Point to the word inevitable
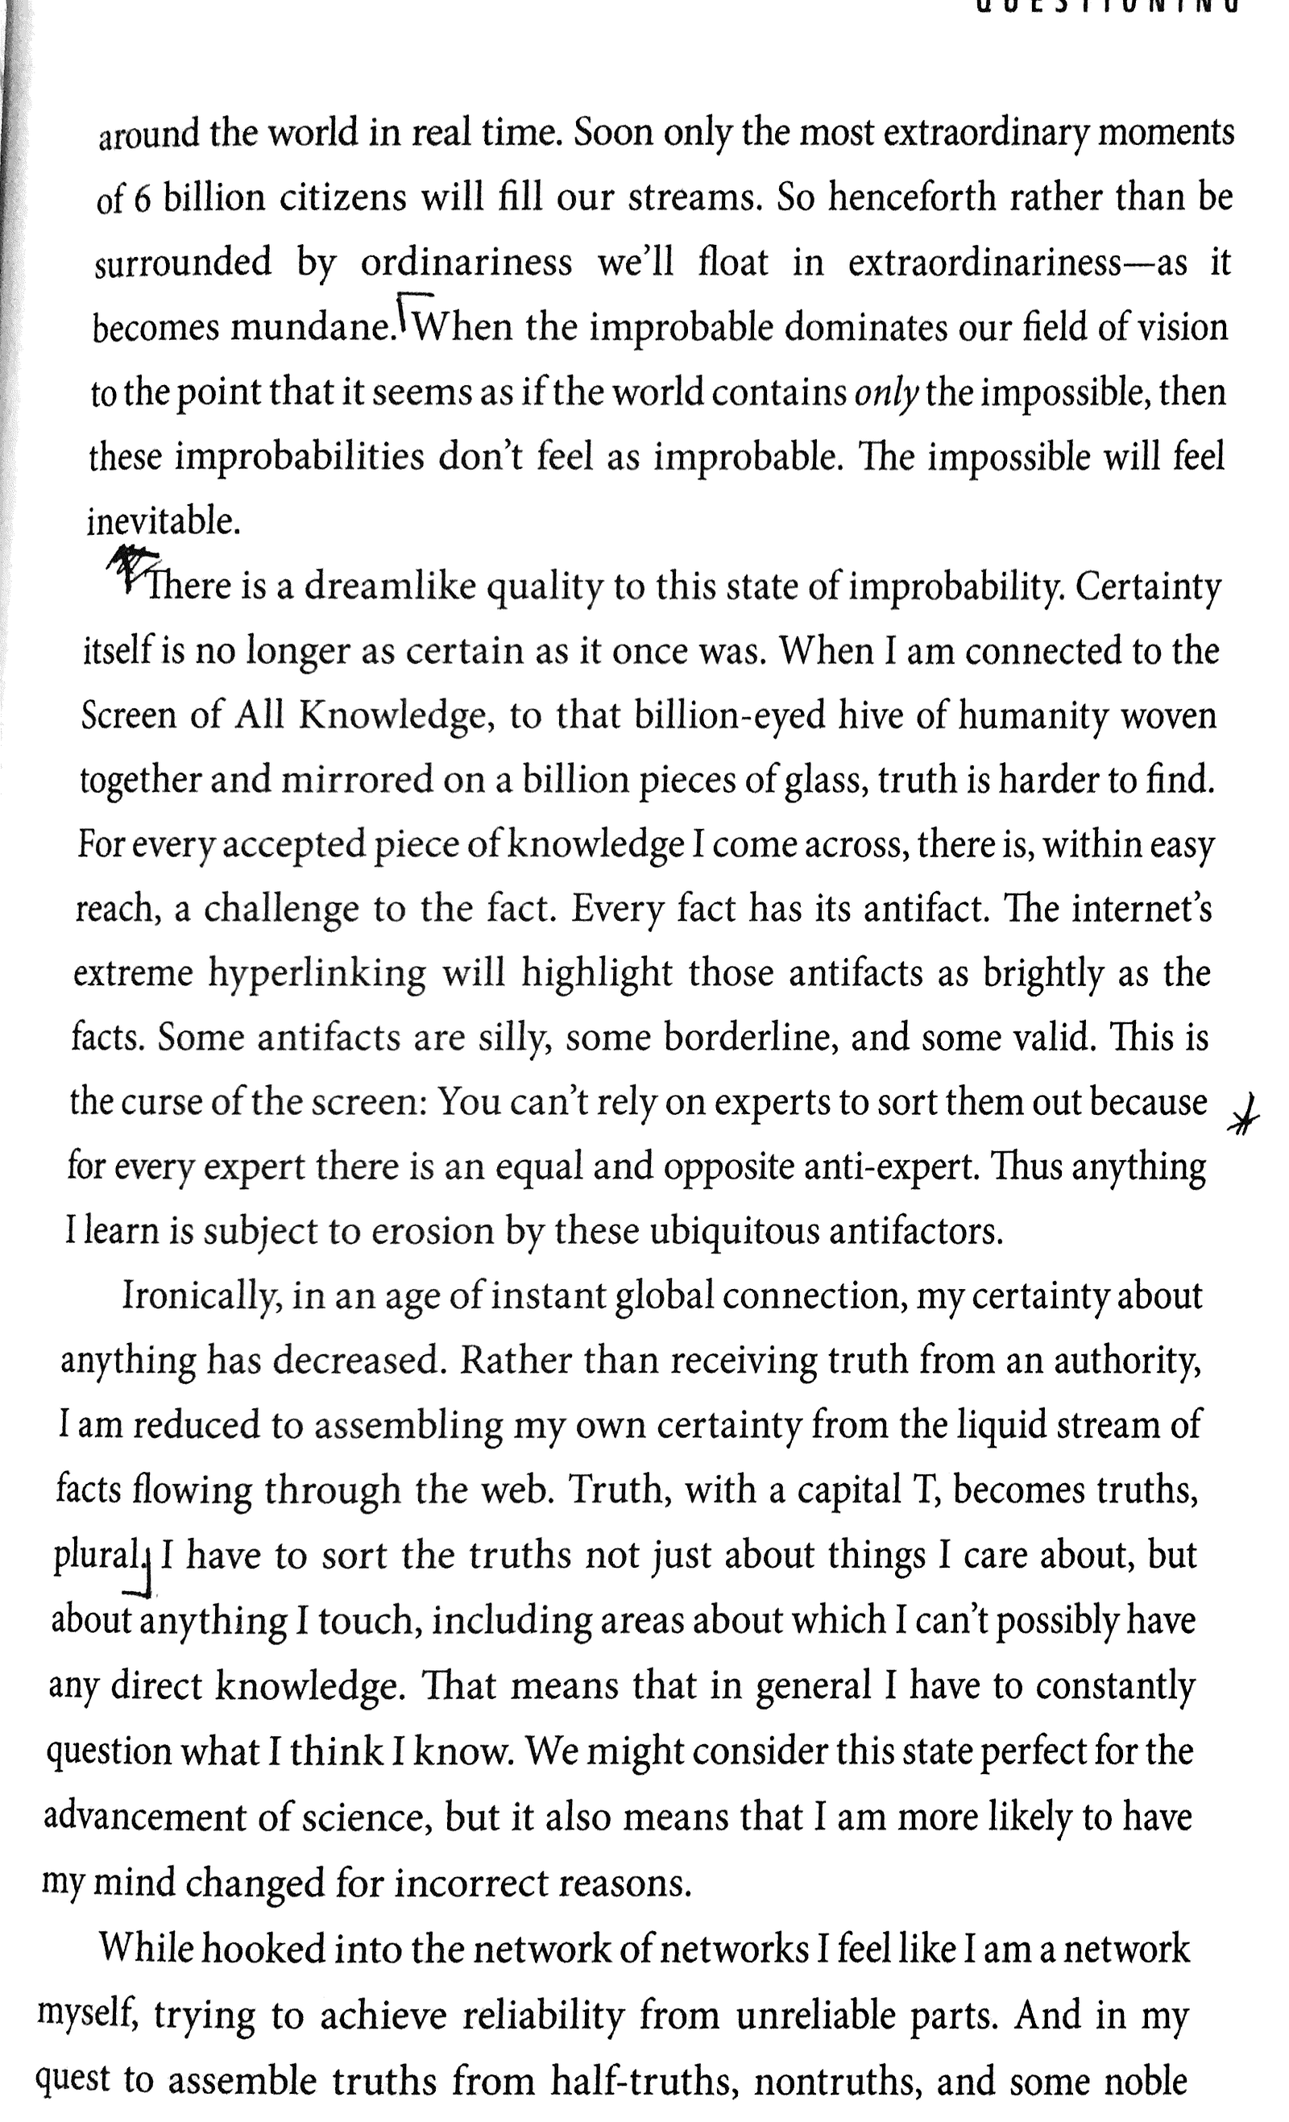pos(163,522)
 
